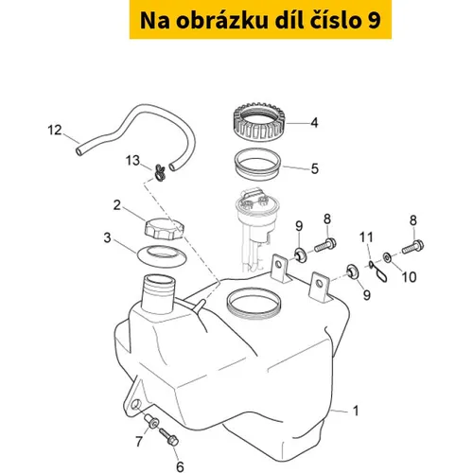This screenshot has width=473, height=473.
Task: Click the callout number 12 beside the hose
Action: pyautogui.click(x=55, y=130)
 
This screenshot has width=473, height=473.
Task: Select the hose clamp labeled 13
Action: pyautogui.click(x=160, y=174)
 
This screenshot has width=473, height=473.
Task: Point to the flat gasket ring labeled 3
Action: pyautogui.click(x=162, y=254)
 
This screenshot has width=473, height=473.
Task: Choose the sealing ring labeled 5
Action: pyautogui.click(x=257, y=165)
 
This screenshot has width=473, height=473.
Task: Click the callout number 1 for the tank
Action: pyautogui.click(x=356, y=411)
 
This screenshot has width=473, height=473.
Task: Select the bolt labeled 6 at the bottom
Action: pyautogui.click(x=169, y=436)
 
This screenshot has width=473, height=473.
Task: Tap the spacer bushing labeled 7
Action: pyautogui.click(x=151, y=422)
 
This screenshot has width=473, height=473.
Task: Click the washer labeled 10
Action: pyautogui.click(x=387, y=257)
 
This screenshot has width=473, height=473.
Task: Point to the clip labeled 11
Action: pyautogui.click(x=378, y=272)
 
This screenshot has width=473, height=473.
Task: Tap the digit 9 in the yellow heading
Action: pyautogui.click(x=374, y=21)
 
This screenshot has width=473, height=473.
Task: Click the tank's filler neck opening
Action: pyautogui.click(x=159, y=280)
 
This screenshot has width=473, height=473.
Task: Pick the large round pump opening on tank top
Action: pyautogui.click(x=254, y=304)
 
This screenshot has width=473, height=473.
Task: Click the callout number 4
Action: pyautogui.click(x=314, y=123)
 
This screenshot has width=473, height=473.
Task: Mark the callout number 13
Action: pyautogui.click(x=132, y=160)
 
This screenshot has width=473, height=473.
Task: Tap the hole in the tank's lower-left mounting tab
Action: pyautogui.click(x=137, y=404)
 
